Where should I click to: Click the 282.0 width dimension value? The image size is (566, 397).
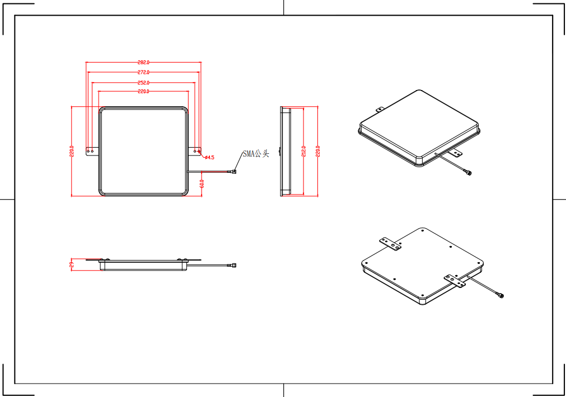tap(143, 63)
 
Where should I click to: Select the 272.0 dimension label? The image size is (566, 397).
tap(143, 73)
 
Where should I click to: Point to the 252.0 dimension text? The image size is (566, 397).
tap(143, 83)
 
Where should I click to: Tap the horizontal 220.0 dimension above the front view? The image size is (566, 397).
tap(143, 92)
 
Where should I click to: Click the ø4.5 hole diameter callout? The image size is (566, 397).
tap(208, 158)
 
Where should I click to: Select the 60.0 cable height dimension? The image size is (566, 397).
tap(202, 183)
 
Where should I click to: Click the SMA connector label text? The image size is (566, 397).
tap(255, 154)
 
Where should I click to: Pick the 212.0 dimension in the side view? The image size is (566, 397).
tap(303, 152)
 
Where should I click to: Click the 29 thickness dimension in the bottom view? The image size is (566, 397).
tap(72, 265)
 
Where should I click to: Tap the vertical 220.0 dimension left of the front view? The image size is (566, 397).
tap(72, 152)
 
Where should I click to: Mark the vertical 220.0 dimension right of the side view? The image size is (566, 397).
tap(317, 152)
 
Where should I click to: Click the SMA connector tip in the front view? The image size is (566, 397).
tap(235, 172)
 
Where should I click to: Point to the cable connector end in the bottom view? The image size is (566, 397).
tap(235, 264)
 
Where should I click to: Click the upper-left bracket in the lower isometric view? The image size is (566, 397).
tap(390, 244)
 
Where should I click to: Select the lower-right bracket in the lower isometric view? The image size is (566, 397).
tap(455, 281)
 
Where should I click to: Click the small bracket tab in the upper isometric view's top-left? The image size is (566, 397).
tap(379, 110)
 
